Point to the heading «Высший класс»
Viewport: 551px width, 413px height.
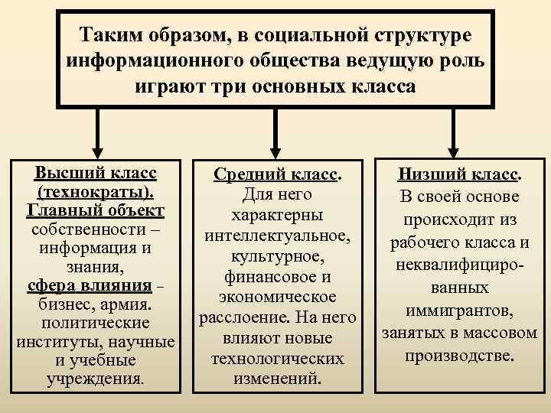(96, 171)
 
